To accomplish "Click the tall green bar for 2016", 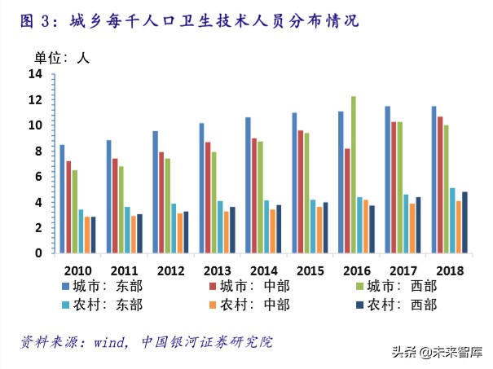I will [x=353, y=174].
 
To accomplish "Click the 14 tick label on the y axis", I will [x=35, y=74].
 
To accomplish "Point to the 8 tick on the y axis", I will [x=37, y=151].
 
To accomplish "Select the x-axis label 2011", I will [x=123, y=270].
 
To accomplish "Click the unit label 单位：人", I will [x=60, y=57].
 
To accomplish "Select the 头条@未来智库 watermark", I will [x=437, y=353].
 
